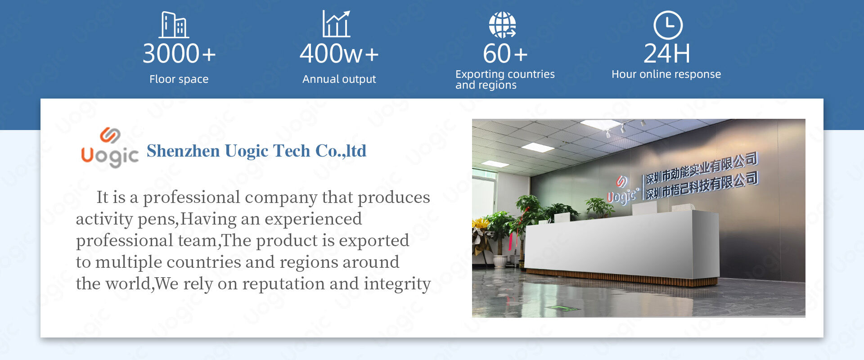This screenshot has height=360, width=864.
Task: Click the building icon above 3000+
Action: tap(174, 24)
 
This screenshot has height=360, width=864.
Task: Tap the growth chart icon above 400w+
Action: tap(336, 24)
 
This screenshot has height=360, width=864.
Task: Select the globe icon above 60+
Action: tap(503, 25)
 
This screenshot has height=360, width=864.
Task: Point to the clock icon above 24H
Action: tap(668, 25)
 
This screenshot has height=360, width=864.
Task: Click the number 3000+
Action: tap(179, 54)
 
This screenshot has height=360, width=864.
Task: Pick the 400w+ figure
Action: tap(339, 54)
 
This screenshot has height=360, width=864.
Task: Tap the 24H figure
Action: tap(667, 54)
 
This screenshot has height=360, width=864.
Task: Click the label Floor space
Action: tap(179, 79)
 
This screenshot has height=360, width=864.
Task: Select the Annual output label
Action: tap(339, 79)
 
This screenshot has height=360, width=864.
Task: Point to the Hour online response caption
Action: tap(666, 74)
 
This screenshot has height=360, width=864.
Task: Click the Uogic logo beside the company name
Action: tap(109, 148)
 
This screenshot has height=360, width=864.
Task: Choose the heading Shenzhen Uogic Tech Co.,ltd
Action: tap(256, 151)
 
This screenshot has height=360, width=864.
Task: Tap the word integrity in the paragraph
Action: tap(397, 284)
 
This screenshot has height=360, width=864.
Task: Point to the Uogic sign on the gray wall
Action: tap(622, 191)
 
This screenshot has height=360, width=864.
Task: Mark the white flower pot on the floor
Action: tap(500, 261)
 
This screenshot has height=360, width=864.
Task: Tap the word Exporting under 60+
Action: tap(477, 74)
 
